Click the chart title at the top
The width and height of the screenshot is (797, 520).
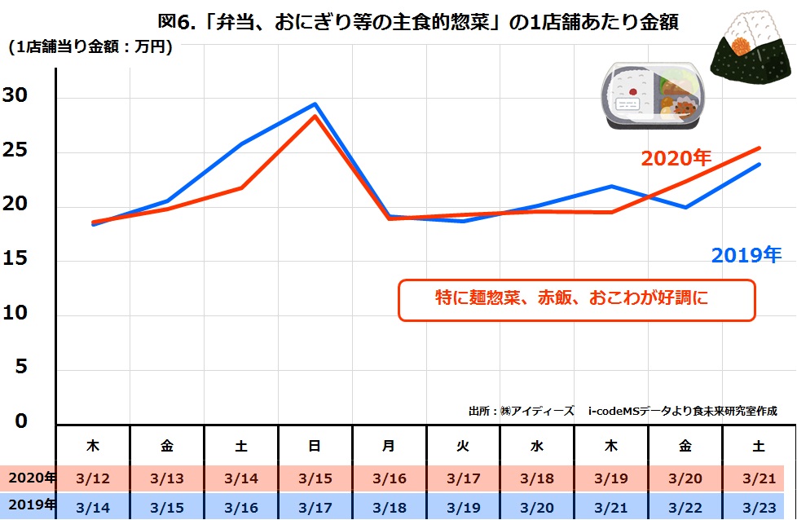[x=416, y=22]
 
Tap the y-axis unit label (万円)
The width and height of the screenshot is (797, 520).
[x=90, y=47]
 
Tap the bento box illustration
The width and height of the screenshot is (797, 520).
[x=652, y=97]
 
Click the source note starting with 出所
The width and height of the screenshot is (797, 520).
[x=623, y=412]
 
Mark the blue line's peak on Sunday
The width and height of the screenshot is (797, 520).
[x=315, y=104]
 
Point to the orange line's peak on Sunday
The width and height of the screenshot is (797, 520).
[x=315, y=116]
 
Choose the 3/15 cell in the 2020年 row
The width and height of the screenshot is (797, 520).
[x=315, y=478]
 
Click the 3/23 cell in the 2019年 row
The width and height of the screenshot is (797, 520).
[x=759, y=507]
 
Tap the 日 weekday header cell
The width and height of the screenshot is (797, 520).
[x=315, y=447]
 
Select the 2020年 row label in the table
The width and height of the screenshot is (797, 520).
[x=29, y=478]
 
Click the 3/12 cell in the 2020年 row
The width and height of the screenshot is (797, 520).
[x=93, y=478]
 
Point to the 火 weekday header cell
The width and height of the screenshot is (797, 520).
[x=463, y=447]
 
